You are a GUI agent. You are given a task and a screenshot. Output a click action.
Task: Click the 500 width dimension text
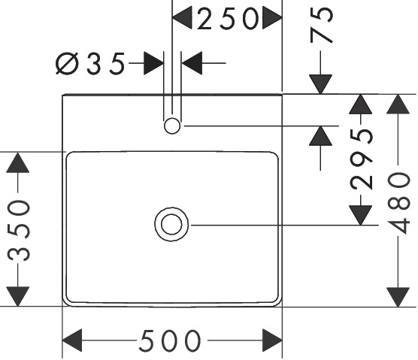click(170, 340)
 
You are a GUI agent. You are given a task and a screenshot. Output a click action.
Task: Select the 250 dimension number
click(228, 19)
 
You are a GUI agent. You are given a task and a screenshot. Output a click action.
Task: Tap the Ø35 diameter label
click(90, 63)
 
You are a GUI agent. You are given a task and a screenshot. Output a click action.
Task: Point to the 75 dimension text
click(322, 25)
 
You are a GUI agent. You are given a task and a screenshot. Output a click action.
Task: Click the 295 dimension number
click(361, 159)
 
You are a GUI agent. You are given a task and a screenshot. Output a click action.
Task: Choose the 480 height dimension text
click(398, 203)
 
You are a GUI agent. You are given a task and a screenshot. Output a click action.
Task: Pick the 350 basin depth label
click(18, 230)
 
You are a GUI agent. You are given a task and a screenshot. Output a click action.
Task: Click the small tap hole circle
click(172, 126)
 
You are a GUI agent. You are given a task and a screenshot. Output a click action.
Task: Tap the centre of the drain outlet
click(171, 225)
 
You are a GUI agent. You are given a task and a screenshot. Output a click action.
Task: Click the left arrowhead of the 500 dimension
click(72, 340)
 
